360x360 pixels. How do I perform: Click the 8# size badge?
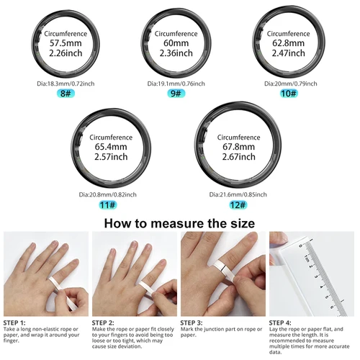point(66,94)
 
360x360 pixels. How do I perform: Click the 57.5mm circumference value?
point(66,43)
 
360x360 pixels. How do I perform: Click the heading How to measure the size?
point(180,222)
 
